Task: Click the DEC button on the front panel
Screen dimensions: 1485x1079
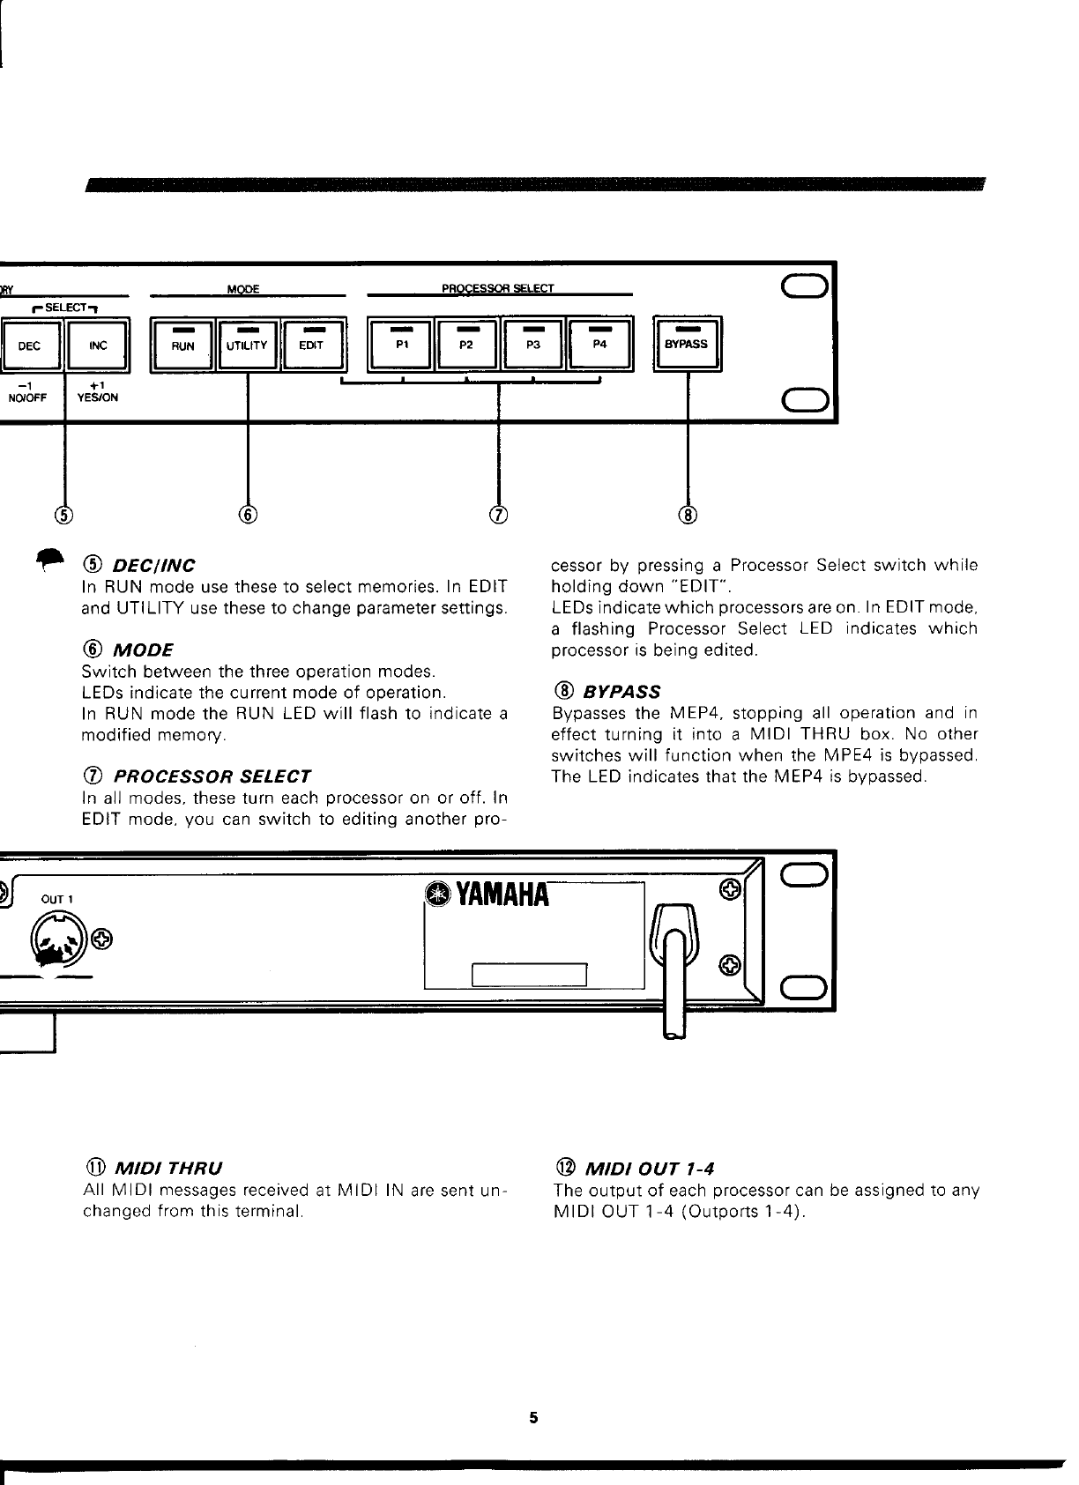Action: [30, 345]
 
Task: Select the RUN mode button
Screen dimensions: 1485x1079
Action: [183, 345]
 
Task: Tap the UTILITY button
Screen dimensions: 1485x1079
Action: [247, 345]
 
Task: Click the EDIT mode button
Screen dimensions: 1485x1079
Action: [310, 345]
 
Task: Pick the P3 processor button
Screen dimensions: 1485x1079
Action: [532, 344]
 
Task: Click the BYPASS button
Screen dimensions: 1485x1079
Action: [687, 344]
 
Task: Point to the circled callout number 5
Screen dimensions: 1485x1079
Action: [64, 515]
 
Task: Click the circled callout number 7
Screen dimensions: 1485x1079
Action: [499, 515]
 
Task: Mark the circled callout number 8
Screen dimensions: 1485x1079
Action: [688, 515]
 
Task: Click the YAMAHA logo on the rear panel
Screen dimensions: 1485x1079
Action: [487, 895]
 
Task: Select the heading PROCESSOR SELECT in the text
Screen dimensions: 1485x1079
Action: [212, 777]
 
